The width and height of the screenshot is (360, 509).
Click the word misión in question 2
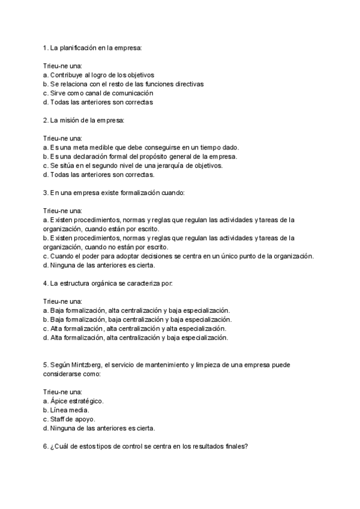click(x=70, y=120)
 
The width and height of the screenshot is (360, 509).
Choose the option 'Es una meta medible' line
click(x=142, y=148)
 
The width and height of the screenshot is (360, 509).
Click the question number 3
click(x=46, y=193)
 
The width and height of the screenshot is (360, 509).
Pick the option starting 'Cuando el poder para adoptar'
click(x=178, y=256)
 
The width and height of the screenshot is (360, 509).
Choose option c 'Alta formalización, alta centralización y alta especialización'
click(x=135, y=329)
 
